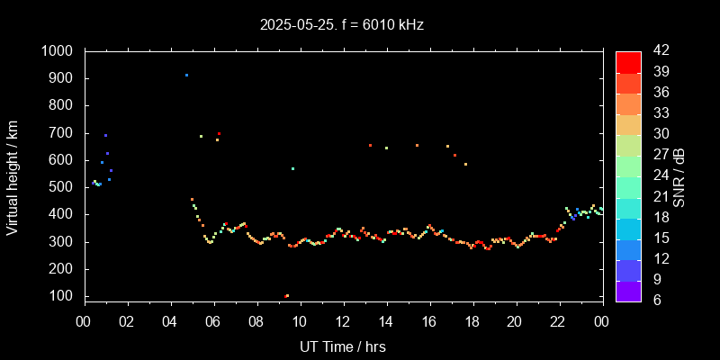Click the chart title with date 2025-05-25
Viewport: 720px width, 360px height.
(x=341, y=25)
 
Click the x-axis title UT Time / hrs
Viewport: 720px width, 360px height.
(x=342, y=346)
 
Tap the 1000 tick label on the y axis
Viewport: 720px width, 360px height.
(x=58, y=51)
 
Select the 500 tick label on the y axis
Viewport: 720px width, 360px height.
(x=62, y=187)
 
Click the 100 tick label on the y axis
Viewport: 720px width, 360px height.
(x=62, y=296)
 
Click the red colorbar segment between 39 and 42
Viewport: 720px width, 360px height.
(x=628, y=61)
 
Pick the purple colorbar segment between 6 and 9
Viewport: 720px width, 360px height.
(x=628, y=290)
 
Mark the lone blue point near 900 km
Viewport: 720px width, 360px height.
(x=186, y=76)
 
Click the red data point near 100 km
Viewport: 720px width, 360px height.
(x=286, y=296)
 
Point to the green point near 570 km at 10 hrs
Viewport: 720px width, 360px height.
(x=292, y=168)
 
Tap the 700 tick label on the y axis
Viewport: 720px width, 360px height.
(x=62, y=133)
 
